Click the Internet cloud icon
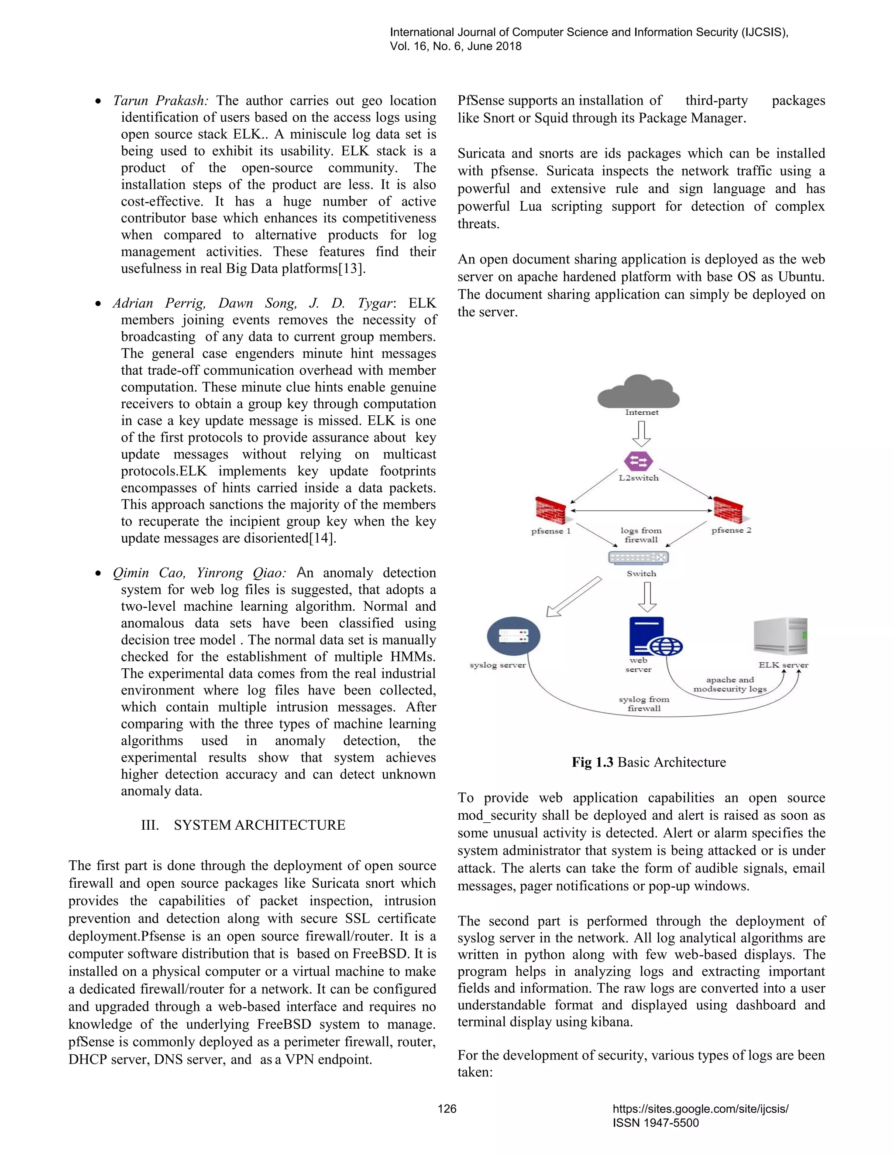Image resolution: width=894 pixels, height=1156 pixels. click(638, 391)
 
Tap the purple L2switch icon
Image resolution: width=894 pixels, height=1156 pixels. click(638, 461)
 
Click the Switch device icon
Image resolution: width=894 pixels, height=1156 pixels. click(639, 557)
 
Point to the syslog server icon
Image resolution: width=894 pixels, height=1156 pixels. click(513, 636)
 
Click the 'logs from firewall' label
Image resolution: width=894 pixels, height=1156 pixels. click(641, 535)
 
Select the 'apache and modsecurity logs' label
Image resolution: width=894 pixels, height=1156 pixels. click(730, 684)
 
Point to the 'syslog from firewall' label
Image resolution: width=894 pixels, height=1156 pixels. click(644, 704)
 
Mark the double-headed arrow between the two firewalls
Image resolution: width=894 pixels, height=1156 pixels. click(641, 511)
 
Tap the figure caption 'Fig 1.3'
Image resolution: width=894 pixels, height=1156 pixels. click(592, 762)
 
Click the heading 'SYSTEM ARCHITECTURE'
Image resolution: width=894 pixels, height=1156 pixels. click(260, 825)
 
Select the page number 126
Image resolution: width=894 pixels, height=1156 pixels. click(447, 1109)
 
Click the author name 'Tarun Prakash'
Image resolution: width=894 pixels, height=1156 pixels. click(161, 101)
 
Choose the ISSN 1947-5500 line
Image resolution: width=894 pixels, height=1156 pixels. click(656, 1123)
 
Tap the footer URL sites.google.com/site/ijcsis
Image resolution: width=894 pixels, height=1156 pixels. click(700, 1109)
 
